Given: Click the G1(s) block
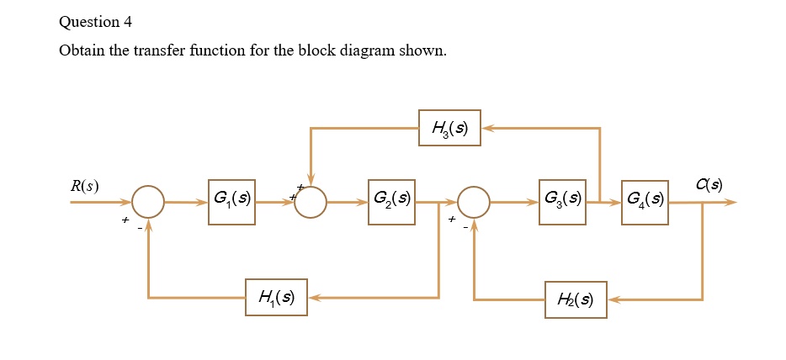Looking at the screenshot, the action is [231, 202].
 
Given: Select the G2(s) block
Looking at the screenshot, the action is [391, 202].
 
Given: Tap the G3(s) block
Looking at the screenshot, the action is [562, 202].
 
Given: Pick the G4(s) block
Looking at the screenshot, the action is [645, 202].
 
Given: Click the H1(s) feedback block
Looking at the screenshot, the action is [276, 298].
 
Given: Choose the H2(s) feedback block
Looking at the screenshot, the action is [576, 299].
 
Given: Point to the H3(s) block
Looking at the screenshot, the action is [449, 128].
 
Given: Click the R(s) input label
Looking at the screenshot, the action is [84, 186].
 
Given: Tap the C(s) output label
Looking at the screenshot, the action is [709, 185].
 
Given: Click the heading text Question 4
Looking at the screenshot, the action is [95, 22].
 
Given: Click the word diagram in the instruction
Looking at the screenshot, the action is [365, 51].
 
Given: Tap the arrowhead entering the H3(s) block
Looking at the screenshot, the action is [487, 128].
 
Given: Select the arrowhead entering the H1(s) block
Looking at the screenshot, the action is [314, 298].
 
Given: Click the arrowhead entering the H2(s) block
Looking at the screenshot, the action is [613, 300].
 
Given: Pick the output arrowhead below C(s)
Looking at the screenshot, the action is [730, 202].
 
